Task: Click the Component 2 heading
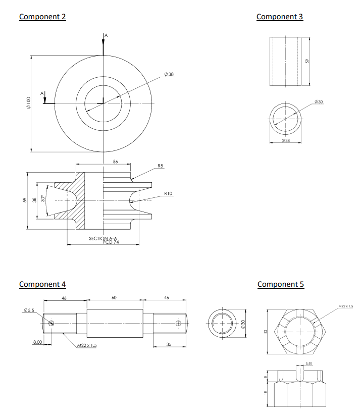point(42,17)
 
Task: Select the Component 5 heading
point(281,284)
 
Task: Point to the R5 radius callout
point(160,166)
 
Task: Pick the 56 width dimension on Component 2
point(116,162)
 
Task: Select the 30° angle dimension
point(43,200)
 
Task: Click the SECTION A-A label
point(103,238)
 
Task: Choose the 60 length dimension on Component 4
point(114,298)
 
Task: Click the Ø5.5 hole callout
point(28,310)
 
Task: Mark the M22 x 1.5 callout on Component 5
point(345,306)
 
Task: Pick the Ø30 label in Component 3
point(318,102)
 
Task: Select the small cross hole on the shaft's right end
point(178,323)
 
